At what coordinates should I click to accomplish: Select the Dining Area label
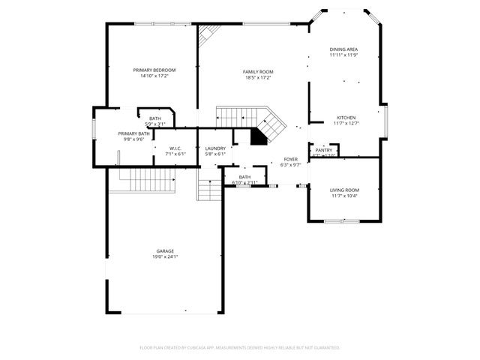pyautogui.click(x=343, y=49)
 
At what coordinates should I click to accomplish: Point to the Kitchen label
pyautogui.click(x=346, y=118)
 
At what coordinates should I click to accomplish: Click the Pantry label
pyautogui.click(x=324, y=150)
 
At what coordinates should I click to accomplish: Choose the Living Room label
pyautogui.click(x=344, y=190)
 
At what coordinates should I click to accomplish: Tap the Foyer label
pyautogui.click(x=290, y=159)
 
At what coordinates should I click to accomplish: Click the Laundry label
pyautogui.click(x=215, y=148)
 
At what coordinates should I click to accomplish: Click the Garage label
pyautogui.click(x=165, y=250)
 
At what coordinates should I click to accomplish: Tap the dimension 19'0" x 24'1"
pyautogui.click(x=165, y=256)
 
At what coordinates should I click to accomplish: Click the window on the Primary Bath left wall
pyautogui.click(x=94, y=130)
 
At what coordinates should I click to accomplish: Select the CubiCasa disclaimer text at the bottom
pyautogui.click(x=240, y=347)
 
